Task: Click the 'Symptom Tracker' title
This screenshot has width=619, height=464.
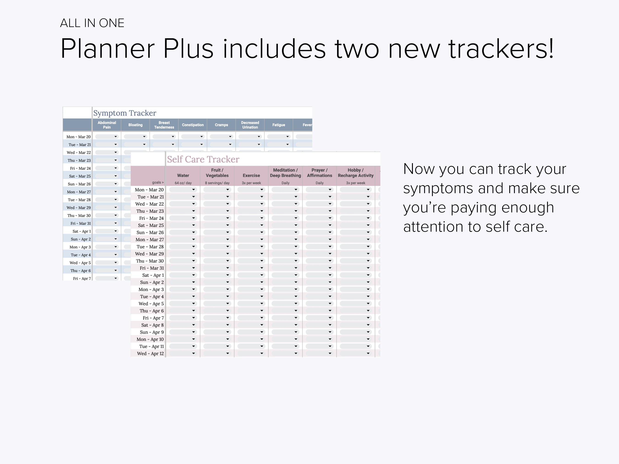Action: point(124,113)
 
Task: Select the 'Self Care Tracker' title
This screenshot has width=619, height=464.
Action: point(203,159)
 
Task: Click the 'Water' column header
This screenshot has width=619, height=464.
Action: point(183,175)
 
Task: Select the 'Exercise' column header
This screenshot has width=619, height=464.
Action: point(251,175)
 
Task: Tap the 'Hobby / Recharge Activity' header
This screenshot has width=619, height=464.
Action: point(355,173)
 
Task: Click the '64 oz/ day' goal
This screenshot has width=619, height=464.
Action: point(183,183)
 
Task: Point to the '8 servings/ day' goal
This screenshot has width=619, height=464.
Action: point(217,183)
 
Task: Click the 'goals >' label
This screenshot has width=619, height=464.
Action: point(158,182)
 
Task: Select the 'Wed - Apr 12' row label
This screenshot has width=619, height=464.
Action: point(150,354)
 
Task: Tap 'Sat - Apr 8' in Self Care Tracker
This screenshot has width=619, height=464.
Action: point(152,325)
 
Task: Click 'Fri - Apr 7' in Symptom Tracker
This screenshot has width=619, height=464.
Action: point(82,279)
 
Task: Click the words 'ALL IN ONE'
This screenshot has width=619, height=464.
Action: point(92,23)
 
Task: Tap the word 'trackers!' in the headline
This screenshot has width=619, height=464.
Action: point(501,49)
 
